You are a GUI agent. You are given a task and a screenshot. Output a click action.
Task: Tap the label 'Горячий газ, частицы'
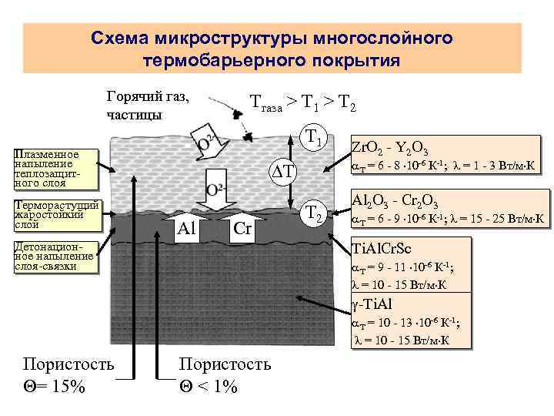[x=145, y=106]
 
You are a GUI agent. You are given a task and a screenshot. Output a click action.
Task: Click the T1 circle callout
[x=312, y=139]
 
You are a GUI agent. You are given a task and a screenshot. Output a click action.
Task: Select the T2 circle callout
[x=312, y=212]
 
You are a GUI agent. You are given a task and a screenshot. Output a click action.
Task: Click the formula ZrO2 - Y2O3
[x=390, y=149]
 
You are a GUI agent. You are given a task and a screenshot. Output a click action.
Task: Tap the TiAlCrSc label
[x=381, y=248]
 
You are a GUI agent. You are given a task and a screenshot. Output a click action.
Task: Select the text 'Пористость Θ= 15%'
[x=68, y=374]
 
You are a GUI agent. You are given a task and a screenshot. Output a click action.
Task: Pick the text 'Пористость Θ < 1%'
[x=224, y=374]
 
